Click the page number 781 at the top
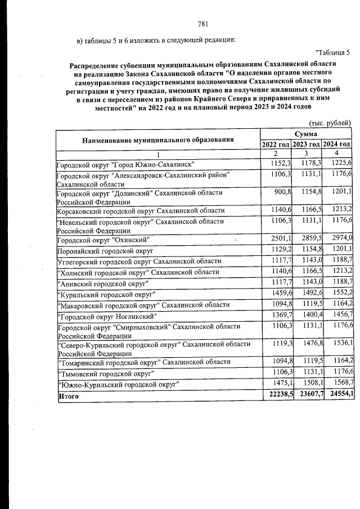click(x=204, y=24)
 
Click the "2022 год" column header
click(x=276, y=144)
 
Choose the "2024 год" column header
click(x=337, y=144)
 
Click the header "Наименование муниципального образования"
click(x=158, y=139)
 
